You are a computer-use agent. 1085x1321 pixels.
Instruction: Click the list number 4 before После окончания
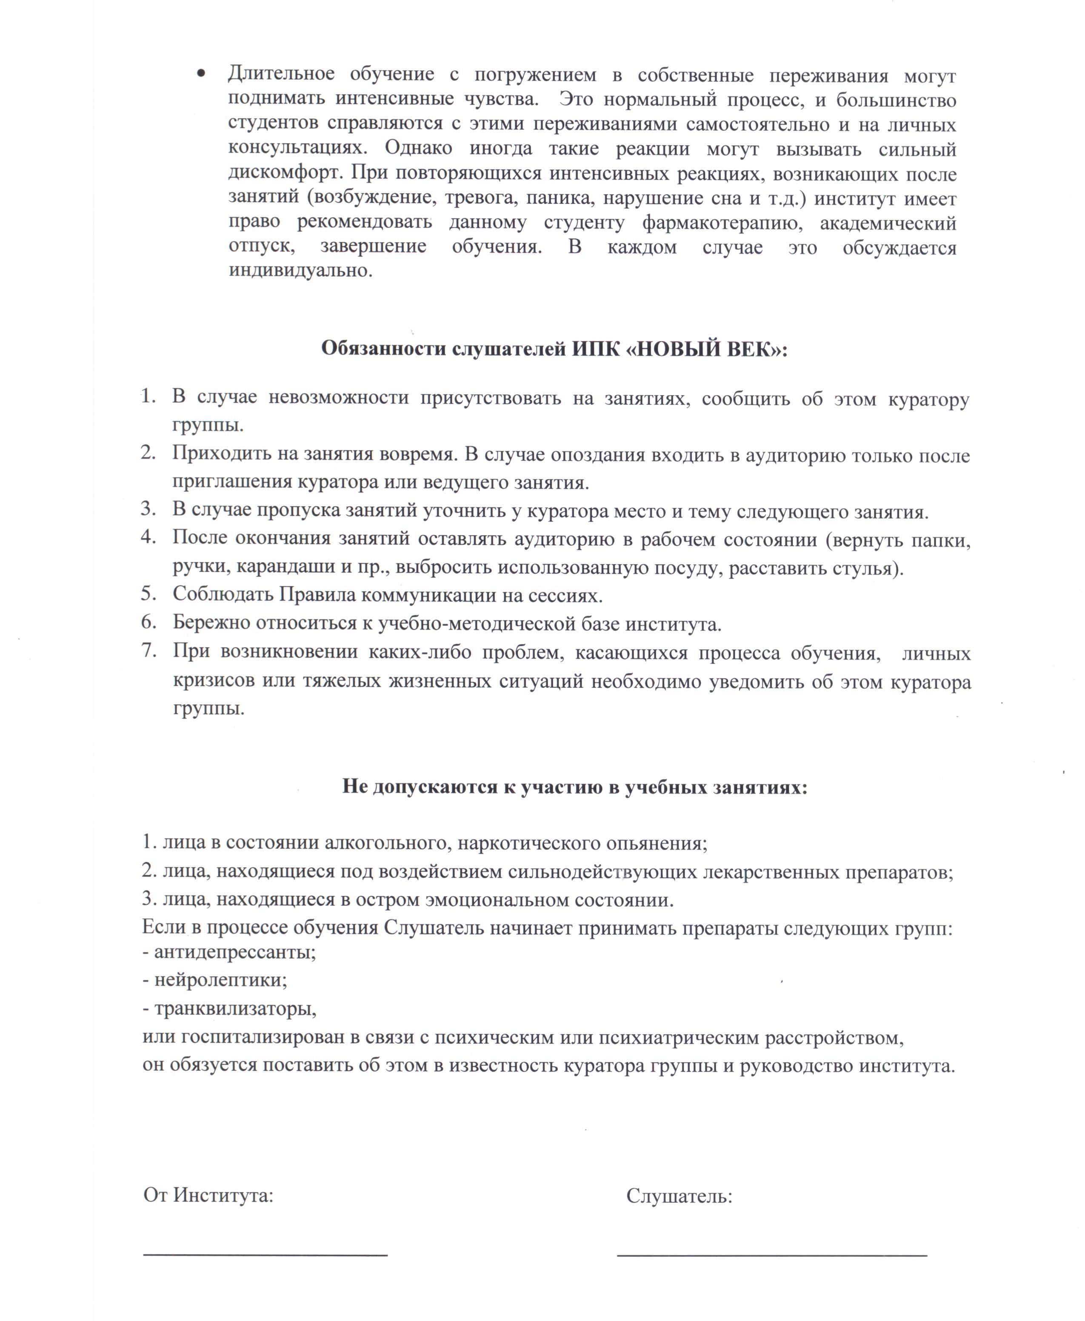[148, 536]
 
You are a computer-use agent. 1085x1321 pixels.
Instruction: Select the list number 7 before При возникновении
[148, 650]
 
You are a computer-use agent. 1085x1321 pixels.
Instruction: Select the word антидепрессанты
[234, 952]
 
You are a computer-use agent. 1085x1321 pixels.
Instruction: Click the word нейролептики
[220, 980]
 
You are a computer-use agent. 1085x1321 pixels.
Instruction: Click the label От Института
[208, 1195]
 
